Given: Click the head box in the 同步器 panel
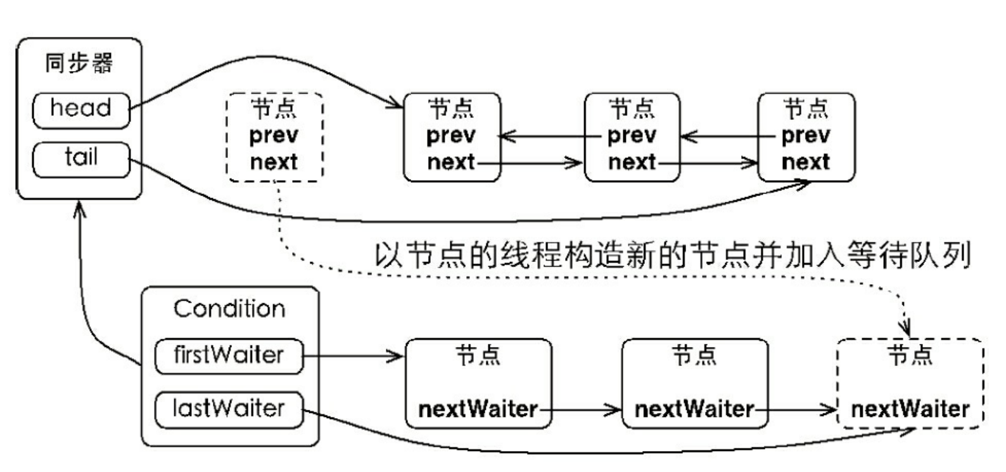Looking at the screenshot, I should (x=81, y=109).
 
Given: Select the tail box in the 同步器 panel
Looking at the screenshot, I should (x=81, y=158).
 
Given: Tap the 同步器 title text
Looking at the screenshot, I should (x=79, y=63).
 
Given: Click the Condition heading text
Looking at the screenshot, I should (x=229, y=309).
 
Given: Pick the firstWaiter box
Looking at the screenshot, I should (x=229, y=355).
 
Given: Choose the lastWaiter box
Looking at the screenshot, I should (x=229, y=409).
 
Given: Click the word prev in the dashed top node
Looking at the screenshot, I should (x=274, y=135).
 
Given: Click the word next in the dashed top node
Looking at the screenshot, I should (x=274, y=162).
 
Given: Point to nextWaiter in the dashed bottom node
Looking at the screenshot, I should (x=910, y=409).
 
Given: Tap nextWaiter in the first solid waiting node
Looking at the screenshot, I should (x=478, y=409).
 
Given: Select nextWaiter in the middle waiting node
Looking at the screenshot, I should (x=694, y=409).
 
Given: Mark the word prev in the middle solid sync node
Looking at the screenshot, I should (x=632, y=135).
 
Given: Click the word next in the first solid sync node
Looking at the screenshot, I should (x=451, y=162).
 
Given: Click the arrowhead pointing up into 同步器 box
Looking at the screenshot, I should (x=79, y=209).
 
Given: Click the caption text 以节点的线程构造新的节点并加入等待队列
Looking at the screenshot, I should (x=673, y=255).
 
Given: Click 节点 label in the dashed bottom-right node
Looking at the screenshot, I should (x=910, y=355).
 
